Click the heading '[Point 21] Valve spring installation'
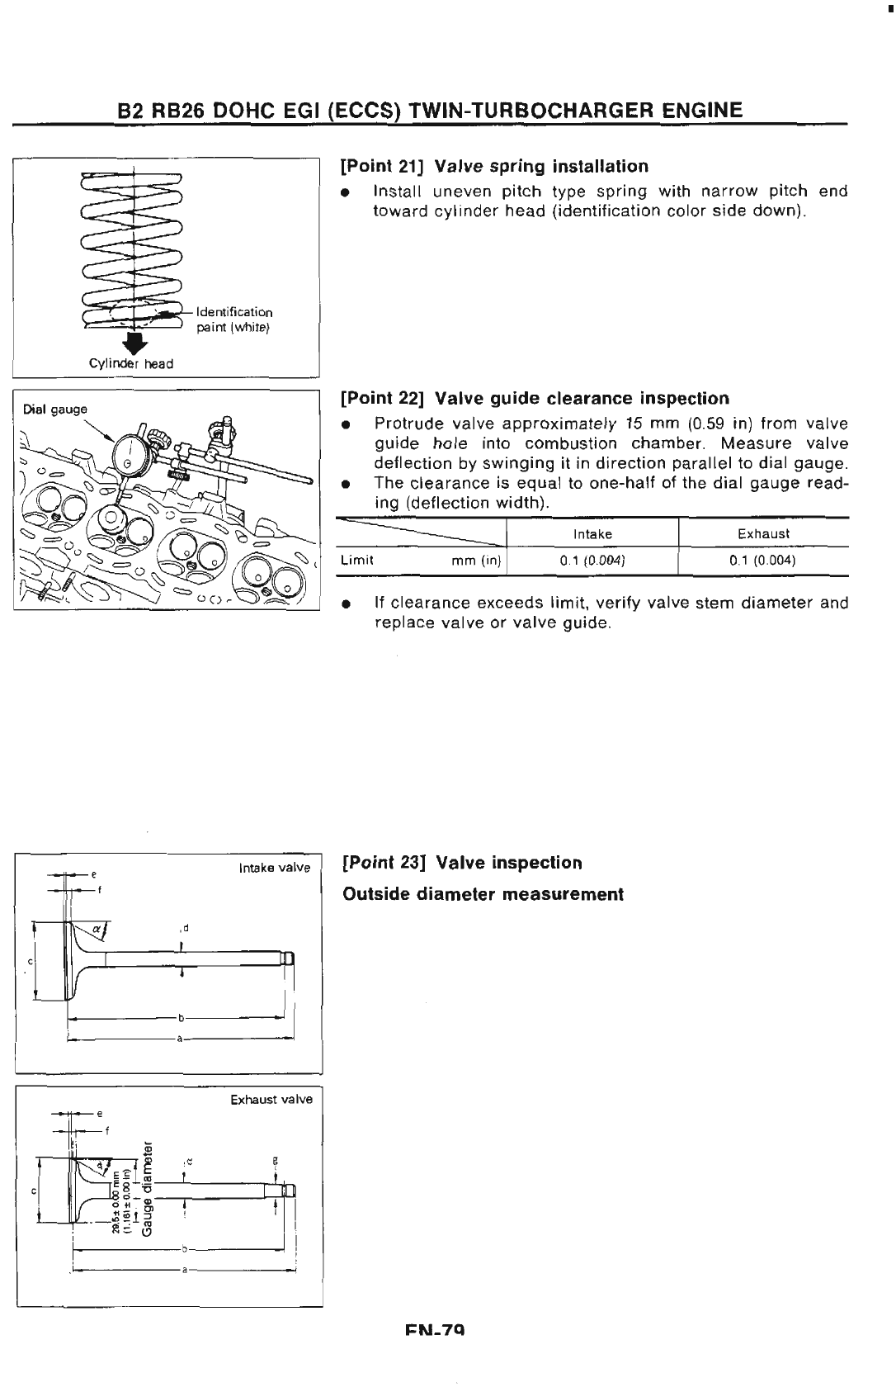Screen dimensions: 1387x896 (x=494, y=167)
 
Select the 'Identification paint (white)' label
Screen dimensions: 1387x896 (x=233, y=320)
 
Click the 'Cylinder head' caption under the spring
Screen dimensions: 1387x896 (x=131, y=364)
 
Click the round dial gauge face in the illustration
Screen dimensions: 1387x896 (x=131, y=452)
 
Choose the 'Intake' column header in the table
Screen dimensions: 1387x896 (x=592, y=534)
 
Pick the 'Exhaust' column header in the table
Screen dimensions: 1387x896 (x=763, y=534)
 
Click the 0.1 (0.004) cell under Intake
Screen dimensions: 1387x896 (x=592, y=561)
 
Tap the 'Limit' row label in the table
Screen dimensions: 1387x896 (x=358, y=561)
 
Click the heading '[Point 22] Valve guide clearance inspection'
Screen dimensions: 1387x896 (x=535, y=399)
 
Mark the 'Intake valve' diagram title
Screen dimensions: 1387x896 (x=274, y=868)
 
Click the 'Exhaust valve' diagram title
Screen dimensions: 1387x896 (x=271, y=1100)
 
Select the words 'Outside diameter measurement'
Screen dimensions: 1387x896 (x=483, y=894)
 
